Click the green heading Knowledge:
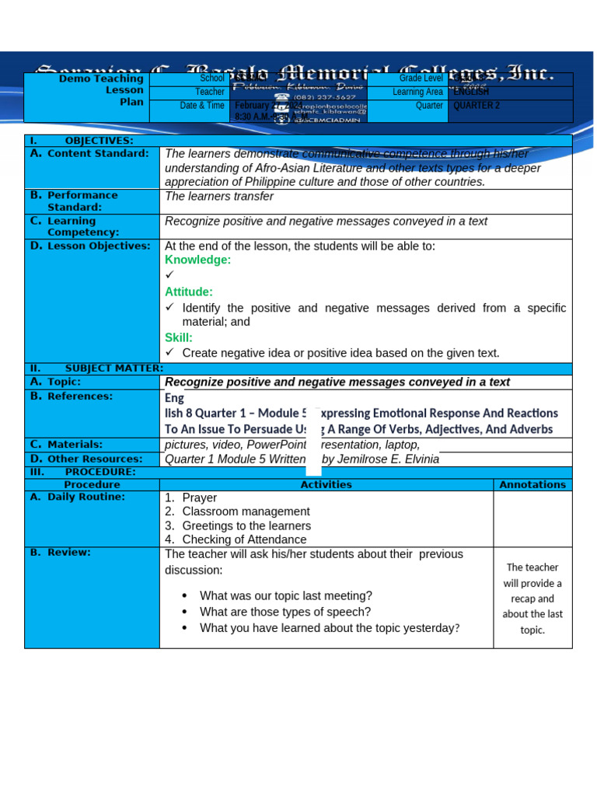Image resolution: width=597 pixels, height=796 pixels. click(197, 260)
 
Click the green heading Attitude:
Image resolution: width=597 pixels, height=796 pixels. click(188, 292)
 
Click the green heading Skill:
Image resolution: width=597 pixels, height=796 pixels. click(178, 337)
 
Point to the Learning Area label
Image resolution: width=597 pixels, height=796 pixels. click(417, 92)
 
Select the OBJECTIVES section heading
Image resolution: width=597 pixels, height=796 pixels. click(99, 141)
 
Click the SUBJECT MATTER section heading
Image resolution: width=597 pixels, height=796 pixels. click(114, 368)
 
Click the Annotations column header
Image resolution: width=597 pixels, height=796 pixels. click(532, 484)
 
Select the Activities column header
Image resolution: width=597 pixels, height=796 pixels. click(326, 484)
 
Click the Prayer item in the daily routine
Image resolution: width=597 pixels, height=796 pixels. click(200, 497)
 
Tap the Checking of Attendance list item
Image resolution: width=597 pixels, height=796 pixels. click(244, 539)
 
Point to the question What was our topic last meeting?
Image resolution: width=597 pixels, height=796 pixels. click(285, 595)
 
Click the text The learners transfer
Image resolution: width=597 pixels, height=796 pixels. click(219, 197)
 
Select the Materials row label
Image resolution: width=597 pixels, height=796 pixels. click(75, 444)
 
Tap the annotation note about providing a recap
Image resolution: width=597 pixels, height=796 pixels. click(532, 599)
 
